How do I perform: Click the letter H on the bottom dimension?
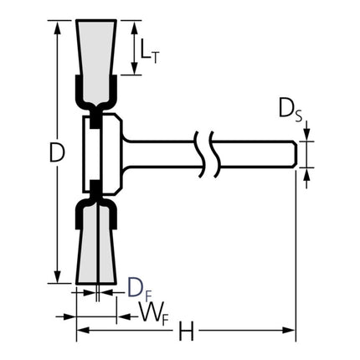click(x=187, y=333)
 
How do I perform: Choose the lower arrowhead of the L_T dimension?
click(x=134, y=70)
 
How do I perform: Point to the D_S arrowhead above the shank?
click(x=307, y=136)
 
